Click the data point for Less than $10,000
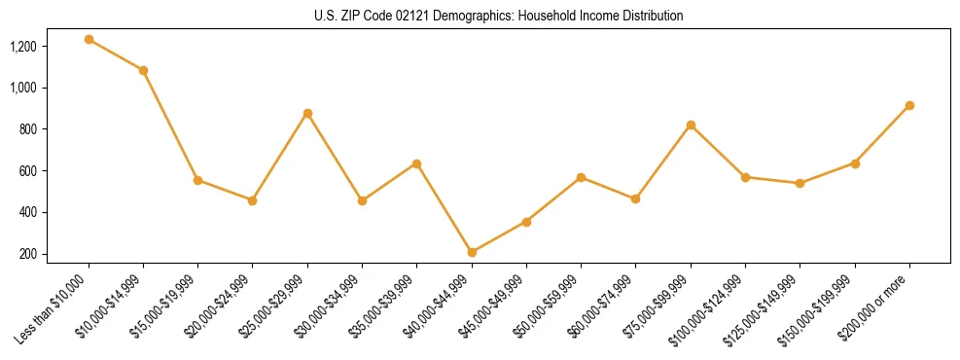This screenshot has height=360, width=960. [89, 40]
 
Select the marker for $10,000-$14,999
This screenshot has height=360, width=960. [143, 71]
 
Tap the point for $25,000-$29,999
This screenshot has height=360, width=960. [307, 113]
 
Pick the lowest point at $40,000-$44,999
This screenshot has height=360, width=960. [472, 252]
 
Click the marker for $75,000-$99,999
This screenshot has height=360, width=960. [691, 125]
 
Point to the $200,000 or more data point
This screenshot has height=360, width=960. [909, 105]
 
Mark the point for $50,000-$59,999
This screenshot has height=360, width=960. [581, 177]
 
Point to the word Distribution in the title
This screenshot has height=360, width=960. [650, 17]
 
